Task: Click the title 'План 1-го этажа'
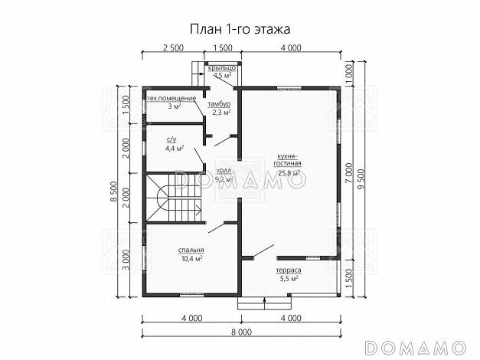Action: point(240,28)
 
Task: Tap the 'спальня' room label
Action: point(191,250)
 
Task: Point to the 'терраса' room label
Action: point(289,271)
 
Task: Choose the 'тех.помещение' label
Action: point(172,99)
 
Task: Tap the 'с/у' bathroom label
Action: point(172,139)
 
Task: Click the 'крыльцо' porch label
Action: point(222,69)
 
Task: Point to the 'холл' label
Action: point(224,171)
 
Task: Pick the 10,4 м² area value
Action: point(191,260)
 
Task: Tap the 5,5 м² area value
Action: point(289,280)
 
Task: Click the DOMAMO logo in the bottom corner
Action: point(420,347)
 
